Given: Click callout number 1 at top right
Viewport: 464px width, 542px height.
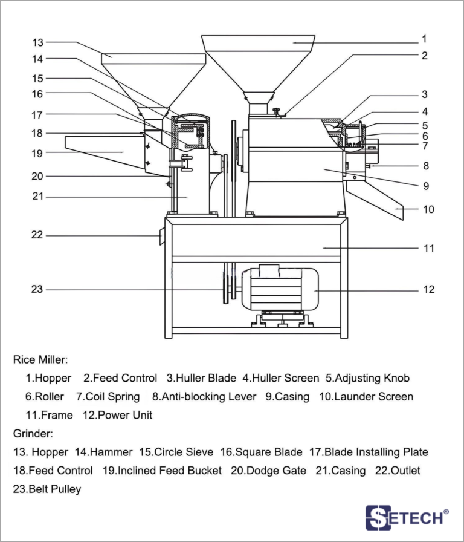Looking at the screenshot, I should pyautogui.click(x=425, y=39).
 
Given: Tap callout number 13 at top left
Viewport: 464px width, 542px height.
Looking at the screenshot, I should pyautogui.click(x=38, y=42).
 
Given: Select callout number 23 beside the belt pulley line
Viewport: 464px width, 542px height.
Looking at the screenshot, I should pyautogui.click(x=37, y=290).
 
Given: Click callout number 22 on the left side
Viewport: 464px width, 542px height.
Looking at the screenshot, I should pyautogui.click(x=37, y=235).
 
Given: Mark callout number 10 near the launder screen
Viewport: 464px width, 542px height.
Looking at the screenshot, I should pyautogui.click(x=428, y=210).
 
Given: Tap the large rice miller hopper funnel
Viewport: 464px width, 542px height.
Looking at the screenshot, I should pyautogui.click(x=259, y=60).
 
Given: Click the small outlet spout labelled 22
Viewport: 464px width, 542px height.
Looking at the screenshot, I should pyautogui.click(x=161, y=237).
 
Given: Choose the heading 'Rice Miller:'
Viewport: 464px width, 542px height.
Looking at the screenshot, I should pyautogui.click(x=40, y=359).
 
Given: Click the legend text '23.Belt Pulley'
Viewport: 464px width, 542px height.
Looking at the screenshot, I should pyautogui.click(x=47, y=489).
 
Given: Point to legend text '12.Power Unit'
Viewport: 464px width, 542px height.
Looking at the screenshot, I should pyautogui.click(x=117, y=416).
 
